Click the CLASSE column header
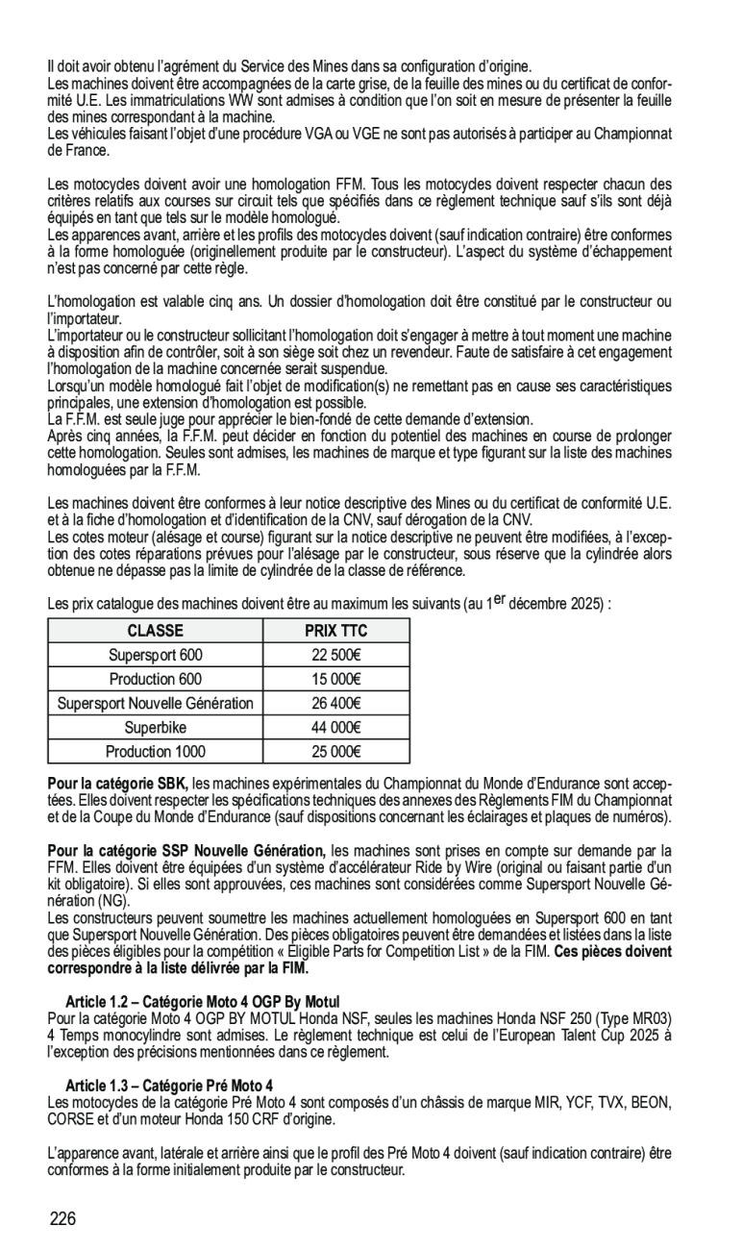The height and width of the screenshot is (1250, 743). coord(155,631)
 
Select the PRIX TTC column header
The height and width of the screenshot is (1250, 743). coord(335,631)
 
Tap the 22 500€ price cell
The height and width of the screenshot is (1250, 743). coord(335,655)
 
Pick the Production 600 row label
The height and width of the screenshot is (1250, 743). coord(155,680)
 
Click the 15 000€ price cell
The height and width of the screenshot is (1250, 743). coord(335,680)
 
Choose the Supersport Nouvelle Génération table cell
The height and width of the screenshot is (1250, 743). coord(155,704)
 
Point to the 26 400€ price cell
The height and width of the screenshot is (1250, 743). coord(335,704)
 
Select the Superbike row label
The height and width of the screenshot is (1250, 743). coord(155,728)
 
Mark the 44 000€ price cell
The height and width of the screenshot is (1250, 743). coord(335,728)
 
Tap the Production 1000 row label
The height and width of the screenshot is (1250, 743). coord(155,752)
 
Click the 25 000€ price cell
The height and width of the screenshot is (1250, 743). coord(335,752)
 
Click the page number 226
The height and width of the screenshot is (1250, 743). coord(62,1219)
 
